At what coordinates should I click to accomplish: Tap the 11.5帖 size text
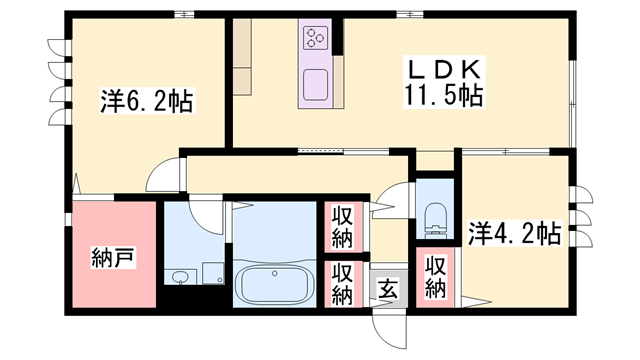444,96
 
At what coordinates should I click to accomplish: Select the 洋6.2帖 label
147,102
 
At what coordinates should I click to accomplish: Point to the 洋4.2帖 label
513,235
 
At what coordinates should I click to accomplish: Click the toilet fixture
435,217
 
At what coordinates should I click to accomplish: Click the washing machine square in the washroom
212,273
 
